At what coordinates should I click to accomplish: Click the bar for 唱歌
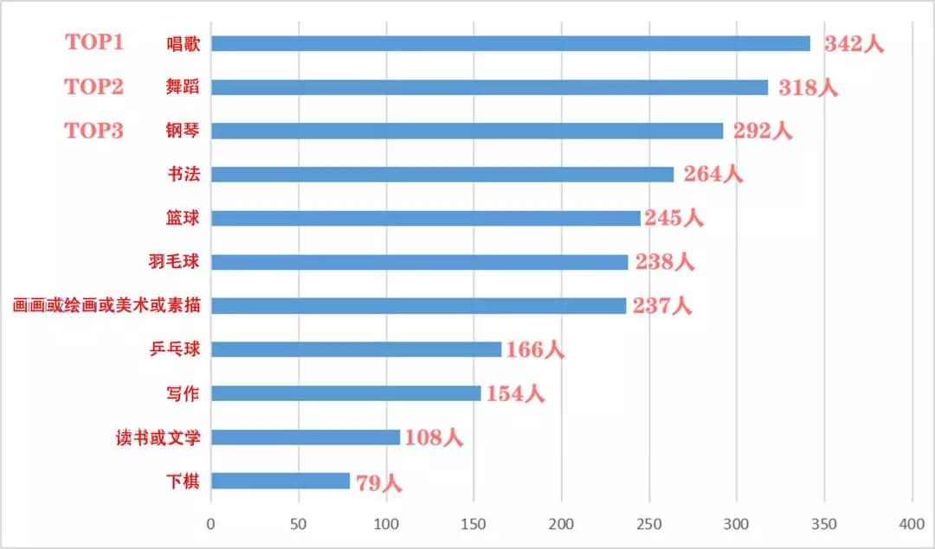click(x=511, y=43)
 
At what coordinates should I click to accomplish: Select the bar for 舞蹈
click(x=489, y=87)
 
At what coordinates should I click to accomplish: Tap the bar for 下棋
click(x=280, y=481)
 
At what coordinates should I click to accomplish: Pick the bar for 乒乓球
click(x=356, y=349)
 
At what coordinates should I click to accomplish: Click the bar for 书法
click(x=442, y=175)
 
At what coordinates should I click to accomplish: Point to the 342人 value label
click(x=854, y=44)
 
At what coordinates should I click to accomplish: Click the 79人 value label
click(x=378, y=482)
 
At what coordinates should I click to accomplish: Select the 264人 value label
click(x=713, y=174)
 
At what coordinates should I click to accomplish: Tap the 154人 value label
click(x=515, y=393)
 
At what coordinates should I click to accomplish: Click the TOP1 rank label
click(x=94, y=42)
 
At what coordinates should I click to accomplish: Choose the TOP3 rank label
click(x=94, y=131)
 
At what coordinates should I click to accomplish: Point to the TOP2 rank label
click(x=94, y=86)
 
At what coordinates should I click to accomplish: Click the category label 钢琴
click(x=183, y=131)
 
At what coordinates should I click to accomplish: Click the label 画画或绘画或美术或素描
click(x=107, y=306)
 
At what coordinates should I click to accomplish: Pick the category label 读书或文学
click(x=158, y=437)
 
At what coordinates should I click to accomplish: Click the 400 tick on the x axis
click(x=912, y=523)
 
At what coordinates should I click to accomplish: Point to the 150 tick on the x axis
click(x=474, y=523)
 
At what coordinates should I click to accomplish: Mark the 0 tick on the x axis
click(x=210, y=523)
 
